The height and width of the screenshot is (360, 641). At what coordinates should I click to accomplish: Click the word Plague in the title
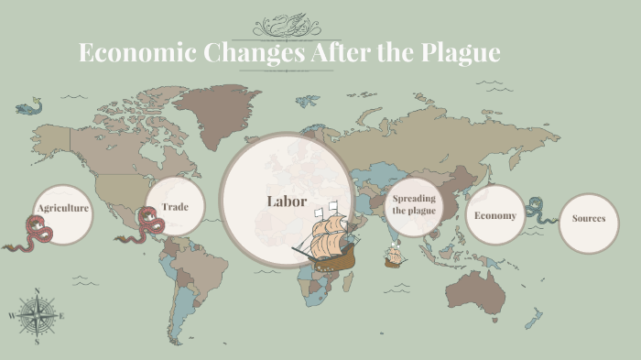point(462,53)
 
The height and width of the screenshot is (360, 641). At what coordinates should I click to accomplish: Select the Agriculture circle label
point(63,209)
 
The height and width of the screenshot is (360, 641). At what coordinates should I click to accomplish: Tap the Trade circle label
point(175,207)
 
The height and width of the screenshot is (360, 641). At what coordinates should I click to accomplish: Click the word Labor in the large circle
point(287,202)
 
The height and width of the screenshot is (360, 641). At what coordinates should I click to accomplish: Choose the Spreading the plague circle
point(414,204)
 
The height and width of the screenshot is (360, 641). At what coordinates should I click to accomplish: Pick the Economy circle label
point(494,216)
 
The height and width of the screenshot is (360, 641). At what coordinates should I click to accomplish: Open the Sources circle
point(589,219)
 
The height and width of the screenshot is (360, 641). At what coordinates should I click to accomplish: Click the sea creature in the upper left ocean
point(28,108)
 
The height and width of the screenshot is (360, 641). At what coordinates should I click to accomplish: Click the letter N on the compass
point(37,291)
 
